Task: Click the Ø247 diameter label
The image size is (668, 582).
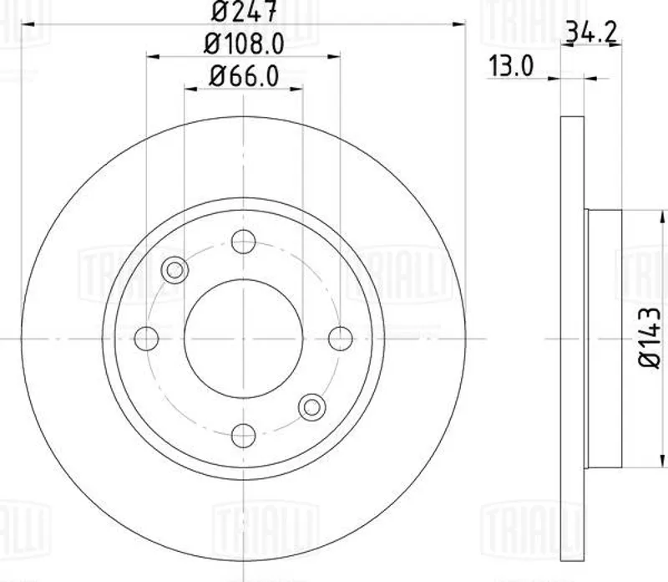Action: [245, 11]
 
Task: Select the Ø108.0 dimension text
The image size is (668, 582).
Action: [244, 44]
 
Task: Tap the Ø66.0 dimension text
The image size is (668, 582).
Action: [245, 77]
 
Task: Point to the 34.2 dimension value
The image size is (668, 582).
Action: [591, 33]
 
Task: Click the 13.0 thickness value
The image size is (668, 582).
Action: [511, 66]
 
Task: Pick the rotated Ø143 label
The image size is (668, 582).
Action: [650, 337]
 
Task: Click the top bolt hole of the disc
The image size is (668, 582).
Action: [243, 242]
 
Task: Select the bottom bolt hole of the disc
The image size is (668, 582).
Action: [243, 436]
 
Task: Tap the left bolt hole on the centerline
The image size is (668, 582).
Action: [146, 339]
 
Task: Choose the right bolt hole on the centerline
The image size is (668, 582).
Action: [341, 339]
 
